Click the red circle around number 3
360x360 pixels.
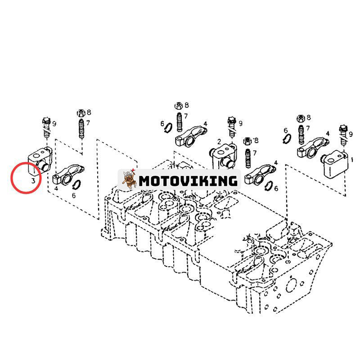click(26, 178)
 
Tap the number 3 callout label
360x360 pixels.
click(33, 181)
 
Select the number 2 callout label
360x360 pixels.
click(219, 142)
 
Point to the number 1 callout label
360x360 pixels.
click(352, 159)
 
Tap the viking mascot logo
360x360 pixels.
click(128, 179)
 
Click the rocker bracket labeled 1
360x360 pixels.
click(335, 164)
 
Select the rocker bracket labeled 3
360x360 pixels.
click(40, 160)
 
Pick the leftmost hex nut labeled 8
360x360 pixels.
click(81, 113)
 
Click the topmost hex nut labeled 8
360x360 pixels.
click(179, 106)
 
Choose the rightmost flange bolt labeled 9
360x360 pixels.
click(343, 135)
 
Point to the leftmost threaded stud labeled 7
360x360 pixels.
click(81, 128)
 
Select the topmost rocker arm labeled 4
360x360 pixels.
click(191, 136)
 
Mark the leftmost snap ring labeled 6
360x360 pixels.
click(76, 184)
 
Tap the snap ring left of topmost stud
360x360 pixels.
click(169, 128)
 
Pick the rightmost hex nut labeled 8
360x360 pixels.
click(301, 118)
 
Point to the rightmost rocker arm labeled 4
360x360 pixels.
click(313, 147)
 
